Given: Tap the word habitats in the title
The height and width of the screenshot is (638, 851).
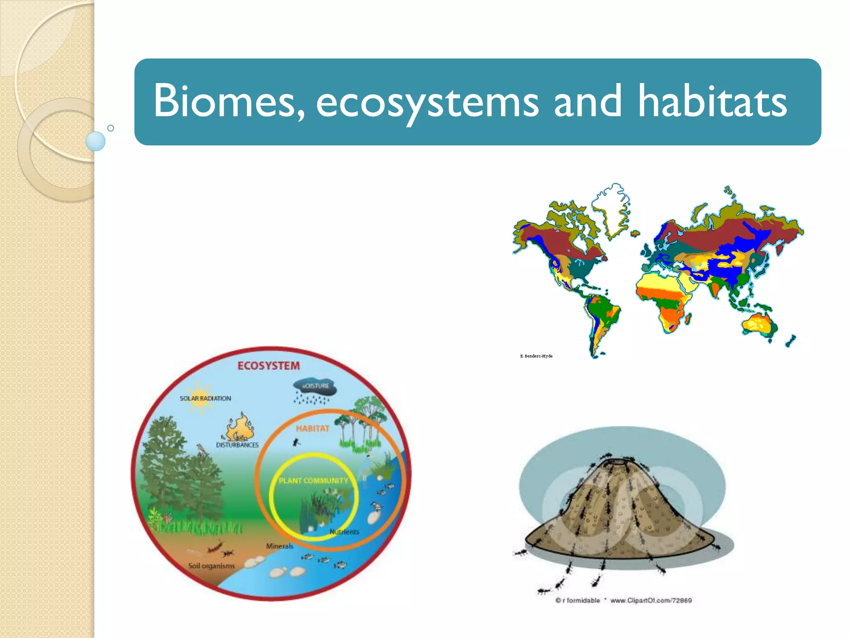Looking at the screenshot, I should click(712, 101).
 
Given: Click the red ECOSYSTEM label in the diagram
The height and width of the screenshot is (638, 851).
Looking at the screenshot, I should click(268, 366).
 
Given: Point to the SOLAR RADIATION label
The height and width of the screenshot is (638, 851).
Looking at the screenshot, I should click(205, 398).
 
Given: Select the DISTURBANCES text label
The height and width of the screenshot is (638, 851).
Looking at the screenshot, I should click(237, 445).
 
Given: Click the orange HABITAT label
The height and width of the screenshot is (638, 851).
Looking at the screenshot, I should click(312, 428).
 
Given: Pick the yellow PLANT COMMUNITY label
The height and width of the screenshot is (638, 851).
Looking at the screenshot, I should click(313, 481).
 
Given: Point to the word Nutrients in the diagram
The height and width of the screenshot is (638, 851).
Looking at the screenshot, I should click(344, 532).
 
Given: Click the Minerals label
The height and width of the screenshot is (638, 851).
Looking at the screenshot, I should click(280, 546).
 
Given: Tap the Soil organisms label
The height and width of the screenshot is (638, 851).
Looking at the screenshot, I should click(211, 566).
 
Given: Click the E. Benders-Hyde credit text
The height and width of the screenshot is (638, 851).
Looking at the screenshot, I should click(536, 356).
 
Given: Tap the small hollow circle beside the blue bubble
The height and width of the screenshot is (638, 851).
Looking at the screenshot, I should click(111, 128).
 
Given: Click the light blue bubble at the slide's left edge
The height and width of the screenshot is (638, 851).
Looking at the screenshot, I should click(96, 141).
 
